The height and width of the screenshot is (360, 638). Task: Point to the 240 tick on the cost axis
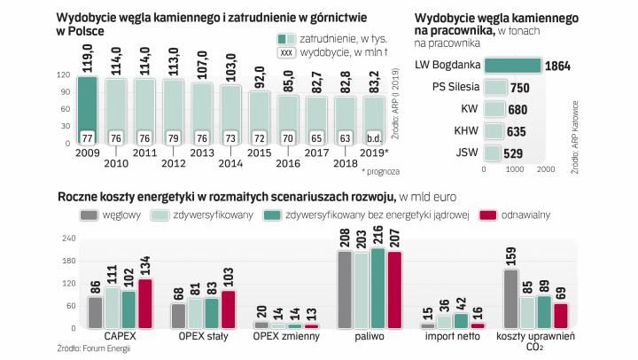66,239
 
